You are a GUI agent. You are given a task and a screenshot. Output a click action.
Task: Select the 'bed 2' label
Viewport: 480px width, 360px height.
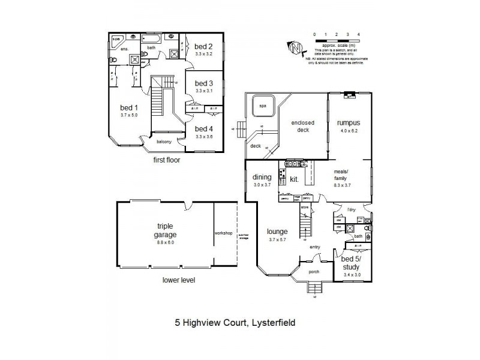tap(204, 46)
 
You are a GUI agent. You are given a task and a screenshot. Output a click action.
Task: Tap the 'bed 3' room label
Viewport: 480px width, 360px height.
tap(204, 83)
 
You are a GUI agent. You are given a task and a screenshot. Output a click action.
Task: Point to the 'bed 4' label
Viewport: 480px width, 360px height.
tap(204, 128)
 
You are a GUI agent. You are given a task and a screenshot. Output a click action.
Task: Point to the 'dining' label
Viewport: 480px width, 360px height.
tap(262, 177)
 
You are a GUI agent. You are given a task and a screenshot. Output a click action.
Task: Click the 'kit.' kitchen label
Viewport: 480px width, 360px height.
tap(295, 179)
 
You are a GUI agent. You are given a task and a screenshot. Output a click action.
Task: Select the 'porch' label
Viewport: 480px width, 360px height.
tap(314, 271)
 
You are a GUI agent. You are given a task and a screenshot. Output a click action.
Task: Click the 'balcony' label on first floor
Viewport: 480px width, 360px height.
tap(164, 142)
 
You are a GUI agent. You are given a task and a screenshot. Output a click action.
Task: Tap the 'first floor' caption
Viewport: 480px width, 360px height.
tap(166, 160)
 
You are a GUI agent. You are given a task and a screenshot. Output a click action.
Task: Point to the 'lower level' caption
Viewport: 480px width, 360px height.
tap(178, 280)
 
